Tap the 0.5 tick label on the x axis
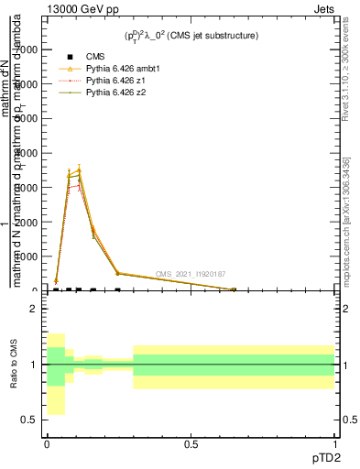coord(191,444)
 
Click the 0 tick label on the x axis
coord(47,444)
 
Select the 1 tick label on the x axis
coord(336,444)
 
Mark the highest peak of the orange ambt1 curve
coord(80,169)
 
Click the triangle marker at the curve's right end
coord(234,289)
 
